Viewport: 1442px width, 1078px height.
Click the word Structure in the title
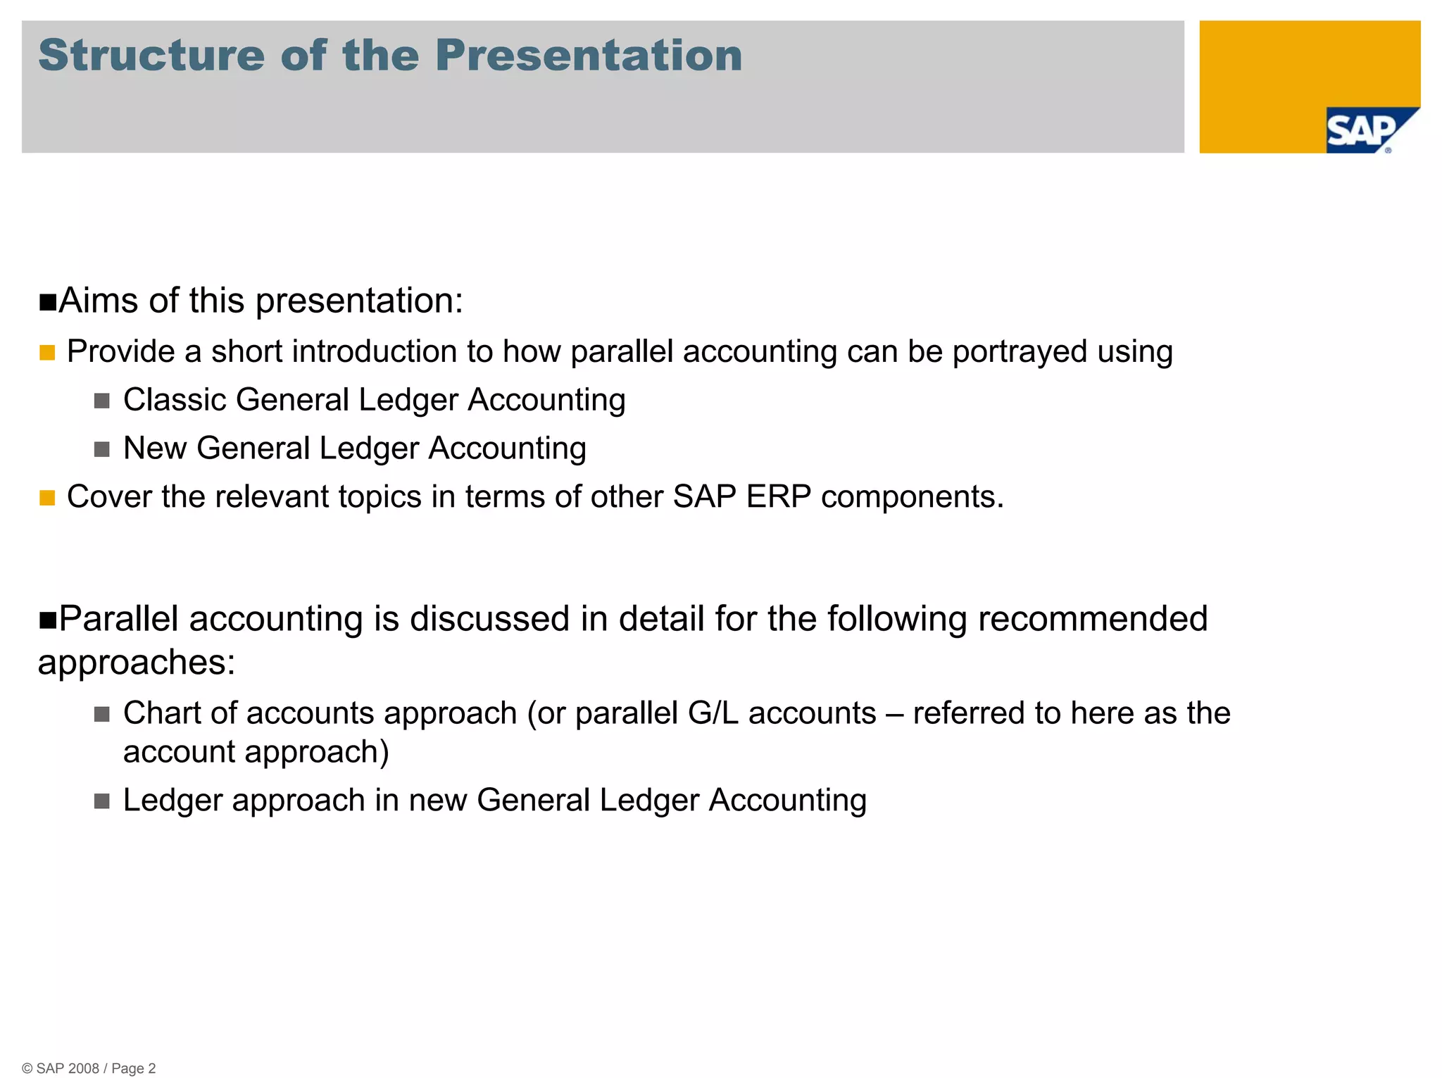151,56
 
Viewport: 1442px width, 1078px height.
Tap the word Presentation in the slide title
589,56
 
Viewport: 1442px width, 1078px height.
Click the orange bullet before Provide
47,353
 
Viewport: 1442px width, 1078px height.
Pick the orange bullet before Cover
47,498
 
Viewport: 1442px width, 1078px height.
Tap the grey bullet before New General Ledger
102,449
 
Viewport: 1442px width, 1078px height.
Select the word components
912,498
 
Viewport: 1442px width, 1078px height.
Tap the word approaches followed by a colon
136,663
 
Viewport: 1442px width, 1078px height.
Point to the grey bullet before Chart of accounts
102,715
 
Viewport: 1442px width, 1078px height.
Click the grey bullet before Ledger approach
102,801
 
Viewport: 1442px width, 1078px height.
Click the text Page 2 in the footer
134,1068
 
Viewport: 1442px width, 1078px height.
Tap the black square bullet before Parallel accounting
48,620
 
